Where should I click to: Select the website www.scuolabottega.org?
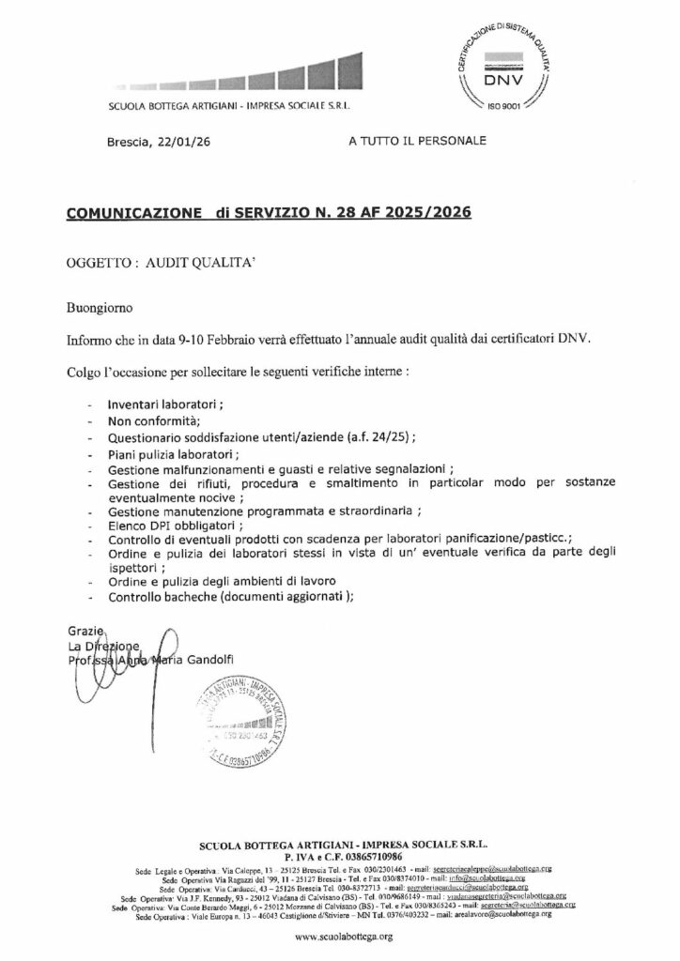tap(340, 938)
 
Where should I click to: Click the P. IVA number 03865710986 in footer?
tap(378, 858)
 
